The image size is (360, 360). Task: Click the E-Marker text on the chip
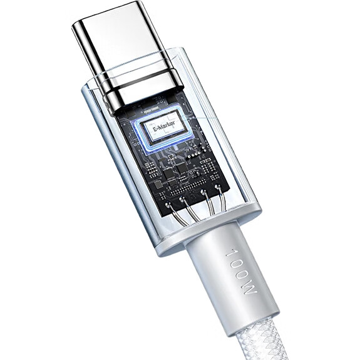point(163,126)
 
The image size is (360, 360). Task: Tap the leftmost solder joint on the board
point(168,204)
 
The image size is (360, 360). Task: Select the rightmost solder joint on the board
point(217,188)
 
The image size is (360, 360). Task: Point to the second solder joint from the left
point(183,199)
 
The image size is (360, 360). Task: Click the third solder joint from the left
point(203,191)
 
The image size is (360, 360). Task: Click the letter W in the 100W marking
point(250,292)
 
